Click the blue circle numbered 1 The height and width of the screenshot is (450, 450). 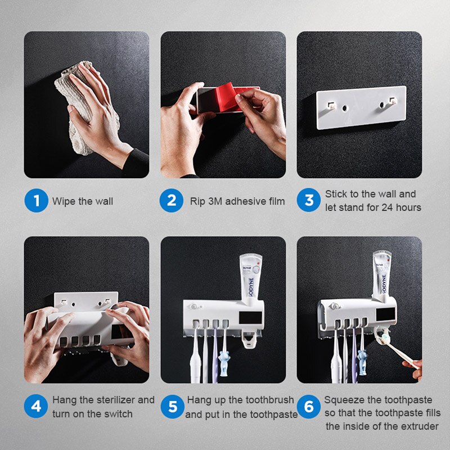click(36, 201)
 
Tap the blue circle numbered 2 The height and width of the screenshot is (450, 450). click(172, 201)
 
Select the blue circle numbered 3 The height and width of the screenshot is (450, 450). click(309, 200)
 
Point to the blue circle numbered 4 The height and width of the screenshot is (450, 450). click(36, 407)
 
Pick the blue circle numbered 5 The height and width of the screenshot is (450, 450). click(172, 407)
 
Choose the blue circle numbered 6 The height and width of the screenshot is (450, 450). click(309, 407)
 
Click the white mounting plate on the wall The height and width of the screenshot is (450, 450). click(361, 107)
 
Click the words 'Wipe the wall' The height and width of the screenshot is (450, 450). click(83, 201)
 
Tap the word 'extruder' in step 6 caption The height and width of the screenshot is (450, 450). click(418, 426)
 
